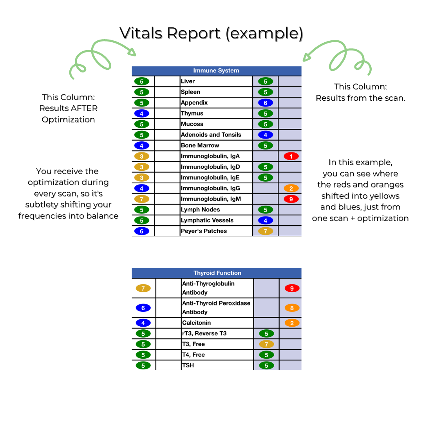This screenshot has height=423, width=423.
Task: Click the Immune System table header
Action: click(x=216, y=71)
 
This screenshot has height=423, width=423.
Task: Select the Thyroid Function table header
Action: click(x=217, y=273)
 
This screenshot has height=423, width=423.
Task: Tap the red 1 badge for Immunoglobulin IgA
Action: click(x=291, y=156)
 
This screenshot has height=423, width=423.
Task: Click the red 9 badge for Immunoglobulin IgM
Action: click(x=291, y=199)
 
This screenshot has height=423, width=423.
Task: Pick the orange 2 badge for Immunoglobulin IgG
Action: click(x=291, y=188)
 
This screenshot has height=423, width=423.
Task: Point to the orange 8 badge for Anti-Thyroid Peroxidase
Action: click(x=292, y=308)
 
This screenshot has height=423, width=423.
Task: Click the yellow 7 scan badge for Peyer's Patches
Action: click(x=266, y=231)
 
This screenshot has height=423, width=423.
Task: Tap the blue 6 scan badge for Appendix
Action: click(x=266, y=103)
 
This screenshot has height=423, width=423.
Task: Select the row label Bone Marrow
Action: click(x=200, y=145)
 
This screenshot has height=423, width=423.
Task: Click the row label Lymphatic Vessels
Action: click(x=207, y=220)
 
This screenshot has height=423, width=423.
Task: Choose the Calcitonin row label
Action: click(x=196, y=323)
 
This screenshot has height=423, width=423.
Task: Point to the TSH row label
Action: click(x=188, y=365)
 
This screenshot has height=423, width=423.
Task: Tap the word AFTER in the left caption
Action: click(x=84, y=108)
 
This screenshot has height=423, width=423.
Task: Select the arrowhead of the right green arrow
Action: click(x=306, y=58)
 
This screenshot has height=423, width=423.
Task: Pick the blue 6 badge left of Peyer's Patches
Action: click(x=142, y=231)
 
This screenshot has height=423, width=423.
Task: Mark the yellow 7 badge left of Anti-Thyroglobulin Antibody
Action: click(x=143, y=288)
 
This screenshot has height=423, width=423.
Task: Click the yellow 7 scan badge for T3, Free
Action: click(x=266, y=344)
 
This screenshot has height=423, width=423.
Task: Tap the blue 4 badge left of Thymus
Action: click(x=142, y=114)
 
